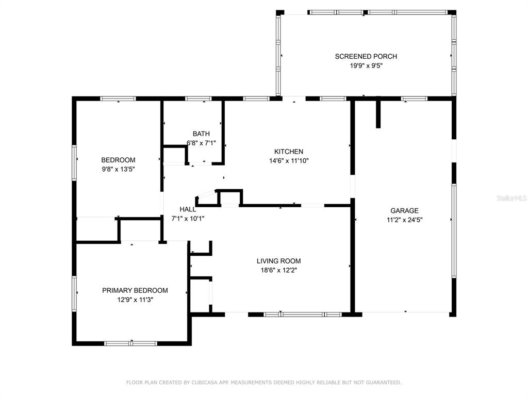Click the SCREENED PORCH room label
tap(366, 57)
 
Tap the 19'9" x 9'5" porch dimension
tap(366, 65)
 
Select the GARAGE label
tap(404, 210)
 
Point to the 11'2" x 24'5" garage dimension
tap(404, 219)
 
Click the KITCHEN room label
tap(288, 152)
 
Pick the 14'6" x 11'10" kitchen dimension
tap(288, 160)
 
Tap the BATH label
tap(201, 134)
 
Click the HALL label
tap(188, 209)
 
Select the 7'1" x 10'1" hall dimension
tap(188, 218)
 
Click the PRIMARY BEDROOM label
tap(135, 290)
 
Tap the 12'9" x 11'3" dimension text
tap(135, 299)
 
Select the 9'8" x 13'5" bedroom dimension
tap(118, 169)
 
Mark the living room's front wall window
tap(302, 314)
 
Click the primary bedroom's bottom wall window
tap(131, 343)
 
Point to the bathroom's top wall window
tap(198, 98)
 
